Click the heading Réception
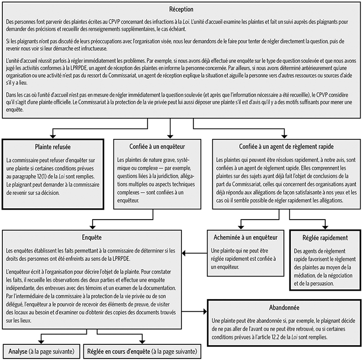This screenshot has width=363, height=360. coord(181,9)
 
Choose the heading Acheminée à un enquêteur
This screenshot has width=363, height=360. coord(239,237)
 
